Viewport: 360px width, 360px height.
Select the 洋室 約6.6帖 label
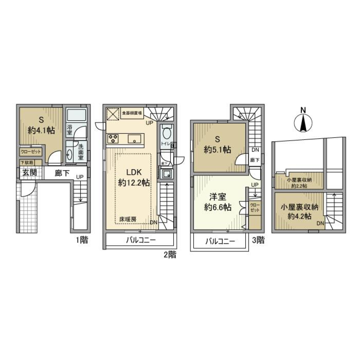coord(217,201)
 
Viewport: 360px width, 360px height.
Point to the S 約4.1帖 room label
coord(41,125)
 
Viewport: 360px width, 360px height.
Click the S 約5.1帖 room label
coord(217,144)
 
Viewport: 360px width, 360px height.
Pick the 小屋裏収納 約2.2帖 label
coord(299,182)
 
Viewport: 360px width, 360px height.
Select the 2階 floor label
coord(169,255)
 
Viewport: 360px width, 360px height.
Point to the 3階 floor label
coord(258,240)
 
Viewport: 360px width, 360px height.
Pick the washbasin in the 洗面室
coord(70,154)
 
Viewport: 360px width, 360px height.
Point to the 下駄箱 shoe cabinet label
coord(26,162)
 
